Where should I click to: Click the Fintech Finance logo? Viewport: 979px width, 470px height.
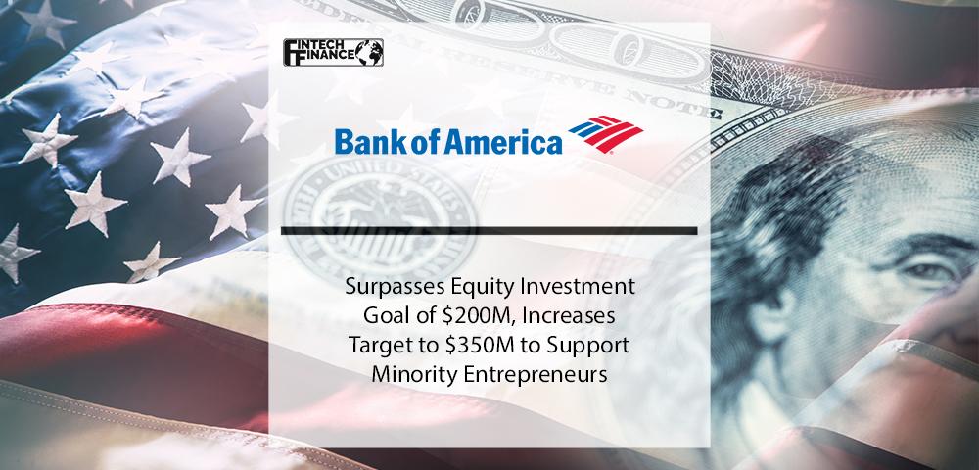(333, 53)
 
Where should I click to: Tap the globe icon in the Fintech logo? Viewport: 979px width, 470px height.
(370, 53)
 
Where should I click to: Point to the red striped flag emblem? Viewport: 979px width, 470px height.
(605, 133)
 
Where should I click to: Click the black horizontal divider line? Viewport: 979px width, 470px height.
(489, 231)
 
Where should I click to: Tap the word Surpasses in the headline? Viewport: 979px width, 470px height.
(383, 287)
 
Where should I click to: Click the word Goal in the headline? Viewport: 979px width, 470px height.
(386, 316)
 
